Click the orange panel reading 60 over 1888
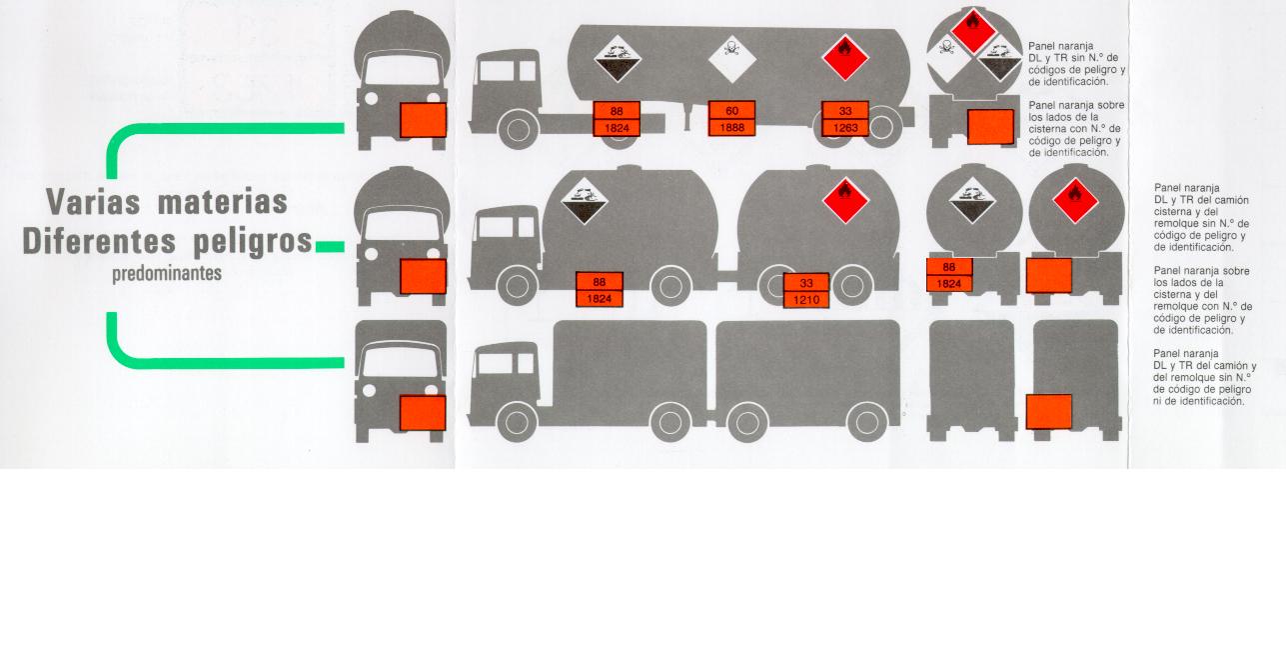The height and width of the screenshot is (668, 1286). [x=731, y=119]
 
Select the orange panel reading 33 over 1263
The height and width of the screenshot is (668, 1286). [x=845, y=119]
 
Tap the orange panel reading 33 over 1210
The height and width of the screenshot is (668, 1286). [x=807, y=290]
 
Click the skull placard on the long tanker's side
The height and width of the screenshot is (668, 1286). [x=732, y=59]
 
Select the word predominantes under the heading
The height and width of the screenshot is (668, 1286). [x=168, y=273]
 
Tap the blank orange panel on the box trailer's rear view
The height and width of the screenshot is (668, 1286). [x=1048, y=412]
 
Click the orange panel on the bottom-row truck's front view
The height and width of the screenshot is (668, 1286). [x=423, y=412]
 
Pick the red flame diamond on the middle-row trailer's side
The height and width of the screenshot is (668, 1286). [x=845, y=200]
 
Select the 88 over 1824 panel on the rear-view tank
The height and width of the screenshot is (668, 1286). [x=949, y=275]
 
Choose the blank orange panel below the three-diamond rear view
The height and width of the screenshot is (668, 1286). [x=990, y=127]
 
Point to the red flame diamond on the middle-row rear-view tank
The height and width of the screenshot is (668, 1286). [x=1075, y=201]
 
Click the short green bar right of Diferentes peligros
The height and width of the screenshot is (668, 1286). [x=330, y=246]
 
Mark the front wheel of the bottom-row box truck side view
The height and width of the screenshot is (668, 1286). [x=517, y=423]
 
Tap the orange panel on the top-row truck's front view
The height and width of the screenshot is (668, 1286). [x=423, y=120]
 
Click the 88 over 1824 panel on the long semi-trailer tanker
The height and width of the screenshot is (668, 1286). [x=617, y=119]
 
